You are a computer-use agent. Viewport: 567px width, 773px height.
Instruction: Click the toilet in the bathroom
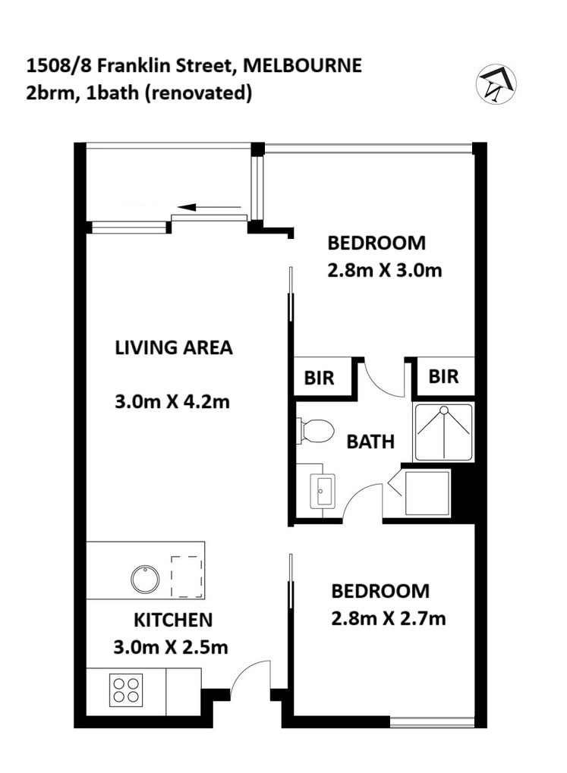[x=315, y=430]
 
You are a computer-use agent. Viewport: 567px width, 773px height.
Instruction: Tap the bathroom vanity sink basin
[x=322, y=491]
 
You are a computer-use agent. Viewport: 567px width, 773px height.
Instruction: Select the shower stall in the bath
[x=443, y=432]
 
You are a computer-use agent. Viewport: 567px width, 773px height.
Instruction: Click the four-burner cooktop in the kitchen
[x=125, y=690]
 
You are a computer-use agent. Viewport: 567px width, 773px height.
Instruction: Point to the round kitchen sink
[x=145, y=578]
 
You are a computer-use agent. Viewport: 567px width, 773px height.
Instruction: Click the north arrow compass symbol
[x=496, y=83]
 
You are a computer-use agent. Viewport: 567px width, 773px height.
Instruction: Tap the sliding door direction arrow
[x=209, y=207]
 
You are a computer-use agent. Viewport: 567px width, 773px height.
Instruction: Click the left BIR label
[x=319, y=378]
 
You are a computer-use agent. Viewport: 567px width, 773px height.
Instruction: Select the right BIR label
[x=443, y=377]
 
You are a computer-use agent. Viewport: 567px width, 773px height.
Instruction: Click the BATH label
[x=370, y=441]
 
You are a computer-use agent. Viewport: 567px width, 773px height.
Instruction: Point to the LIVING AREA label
[x=174, y=347]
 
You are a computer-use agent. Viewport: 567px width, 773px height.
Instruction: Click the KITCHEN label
[x=173, y=620]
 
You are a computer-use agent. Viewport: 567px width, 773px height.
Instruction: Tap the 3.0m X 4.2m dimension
[x=172, y=402]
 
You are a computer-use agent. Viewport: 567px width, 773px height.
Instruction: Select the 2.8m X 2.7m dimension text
[x=389, y=618]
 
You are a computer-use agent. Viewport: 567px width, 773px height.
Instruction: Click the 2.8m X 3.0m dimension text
[x=384, y=270]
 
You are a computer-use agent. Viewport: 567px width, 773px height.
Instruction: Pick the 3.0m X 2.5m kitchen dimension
[x=171, y=647]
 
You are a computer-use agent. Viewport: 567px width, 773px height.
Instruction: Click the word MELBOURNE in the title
[x=303, y=65]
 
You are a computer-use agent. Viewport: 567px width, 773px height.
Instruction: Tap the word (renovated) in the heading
[x=198, y=93]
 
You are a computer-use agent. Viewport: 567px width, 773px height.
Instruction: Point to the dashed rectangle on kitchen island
[x=187, y=577]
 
